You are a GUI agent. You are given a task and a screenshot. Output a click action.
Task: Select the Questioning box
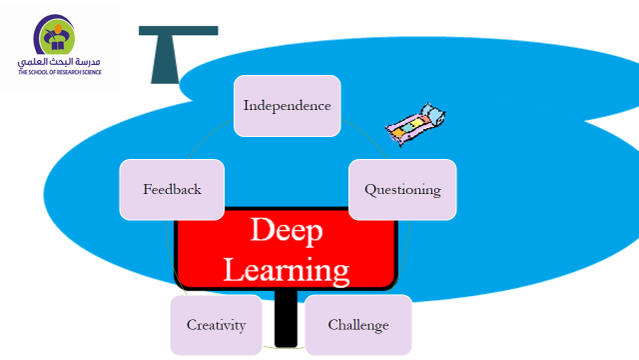point(402,189)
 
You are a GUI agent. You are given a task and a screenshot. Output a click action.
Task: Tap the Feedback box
point(172,189)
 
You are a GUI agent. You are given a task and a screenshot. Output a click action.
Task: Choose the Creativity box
point(216,325)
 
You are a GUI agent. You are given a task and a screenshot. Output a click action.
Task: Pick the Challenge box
point(358,325)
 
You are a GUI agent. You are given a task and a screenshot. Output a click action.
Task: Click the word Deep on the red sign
point(286,230)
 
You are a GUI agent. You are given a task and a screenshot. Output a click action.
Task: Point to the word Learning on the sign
point(286,268)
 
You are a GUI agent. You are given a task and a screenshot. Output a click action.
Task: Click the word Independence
point(287,105)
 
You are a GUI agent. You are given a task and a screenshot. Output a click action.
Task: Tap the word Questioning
point(402,189)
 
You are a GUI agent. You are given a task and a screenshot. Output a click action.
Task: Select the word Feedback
point(172,189)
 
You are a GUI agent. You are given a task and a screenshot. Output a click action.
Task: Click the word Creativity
point(216,325)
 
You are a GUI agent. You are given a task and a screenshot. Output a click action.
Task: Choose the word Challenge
point(358,325)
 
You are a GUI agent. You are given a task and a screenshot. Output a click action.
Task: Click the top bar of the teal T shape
point(178,31)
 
